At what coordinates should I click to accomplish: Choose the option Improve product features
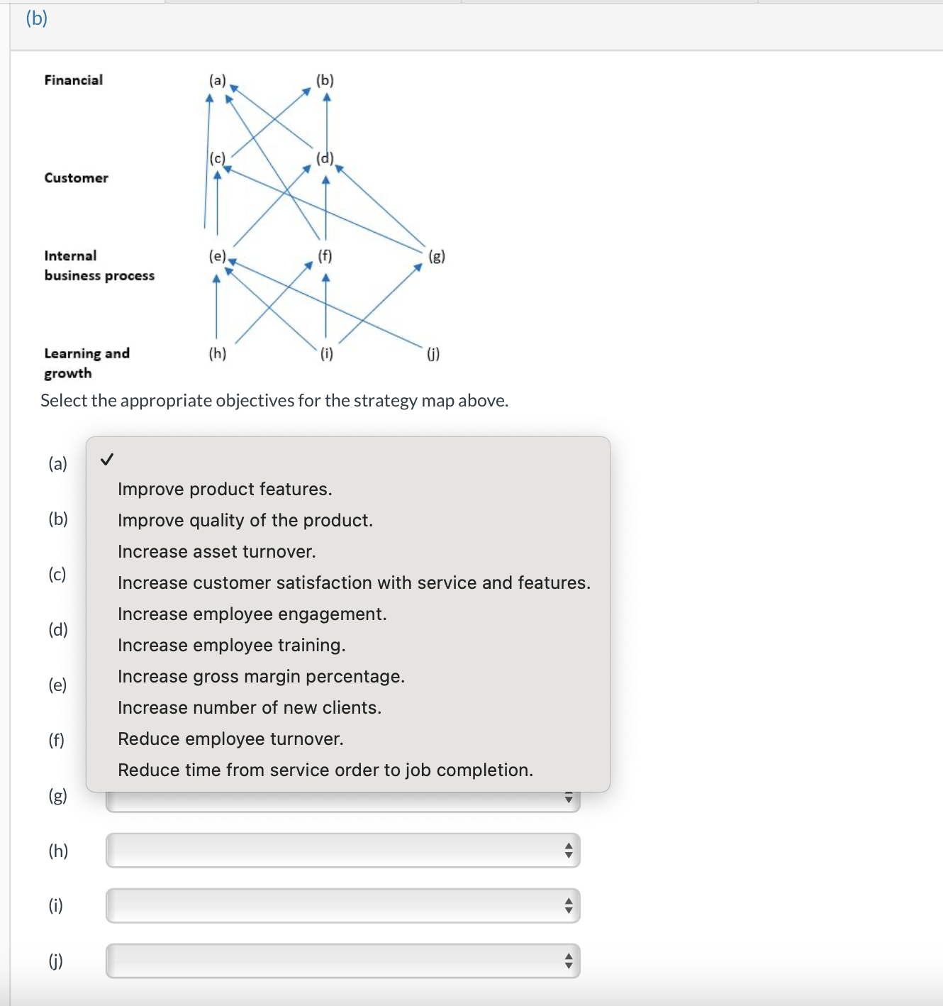225,489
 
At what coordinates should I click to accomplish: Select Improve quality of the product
245,520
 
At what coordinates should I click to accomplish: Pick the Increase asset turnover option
216,551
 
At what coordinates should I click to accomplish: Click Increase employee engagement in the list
252,614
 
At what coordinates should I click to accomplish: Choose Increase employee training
231,645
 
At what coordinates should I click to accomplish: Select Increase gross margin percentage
261,676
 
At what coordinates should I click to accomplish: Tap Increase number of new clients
249,707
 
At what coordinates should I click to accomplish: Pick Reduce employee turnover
230,739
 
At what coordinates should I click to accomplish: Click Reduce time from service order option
325,770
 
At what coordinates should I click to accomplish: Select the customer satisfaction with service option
354,582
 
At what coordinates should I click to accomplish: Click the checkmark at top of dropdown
107,460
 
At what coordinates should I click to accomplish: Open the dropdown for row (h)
342,850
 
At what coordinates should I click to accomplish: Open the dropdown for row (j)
342,961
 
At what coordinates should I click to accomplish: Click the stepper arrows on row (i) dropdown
568,905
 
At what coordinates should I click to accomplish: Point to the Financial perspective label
74,80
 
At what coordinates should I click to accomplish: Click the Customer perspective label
77,178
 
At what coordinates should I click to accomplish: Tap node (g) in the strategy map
437,256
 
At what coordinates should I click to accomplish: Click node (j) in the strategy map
433,353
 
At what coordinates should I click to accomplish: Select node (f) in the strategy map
325,255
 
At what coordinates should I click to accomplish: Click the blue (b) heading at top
36,18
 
